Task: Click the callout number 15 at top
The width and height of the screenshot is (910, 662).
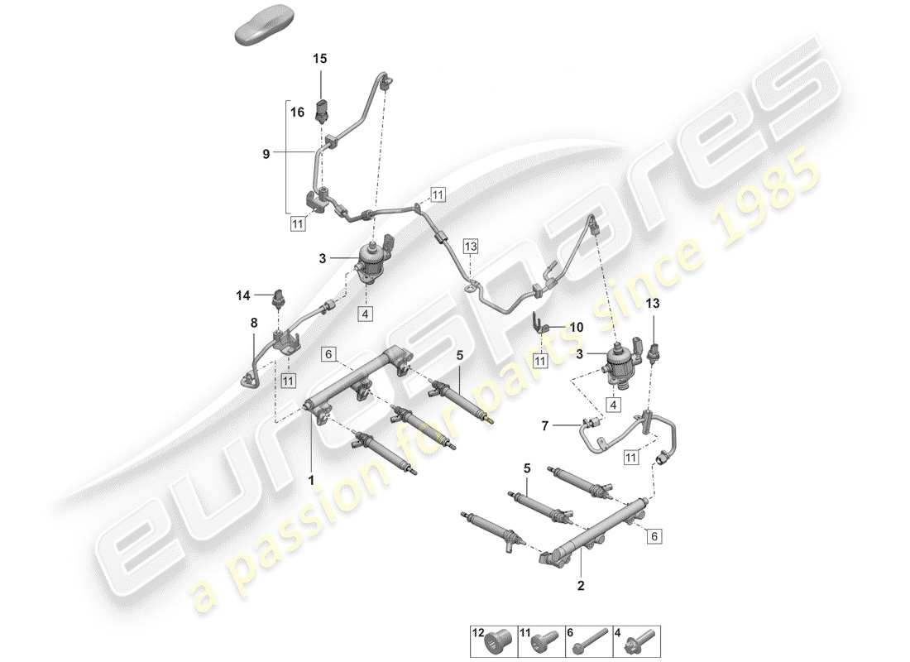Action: click(x=319, y=59)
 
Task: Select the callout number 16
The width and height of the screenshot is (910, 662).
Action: click(x=297, y=110)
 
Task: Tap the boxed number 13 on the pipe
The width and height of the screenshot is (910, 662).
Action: click(x=470, y=246)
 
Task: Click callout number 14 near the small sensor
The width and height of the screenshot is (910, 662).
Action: click(x=242, y=295)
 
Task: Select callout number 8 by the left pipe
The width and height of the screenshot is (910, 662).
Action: click(x=255, y=324)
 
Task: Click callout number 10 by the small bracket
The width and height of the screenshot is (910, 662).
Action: click(x=576, y=327)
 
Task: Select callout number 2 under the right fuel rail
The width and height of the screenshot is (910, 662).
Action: click(x=581, y=585)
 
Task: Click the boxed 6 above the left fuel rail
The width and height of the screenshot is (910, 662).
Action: click(x=328, y=354)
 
